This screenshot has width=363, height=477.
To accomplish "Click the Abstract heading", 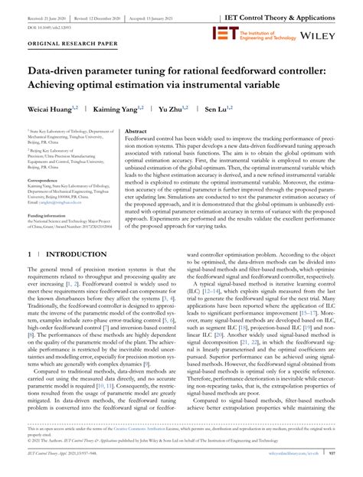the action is point(136,131).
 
